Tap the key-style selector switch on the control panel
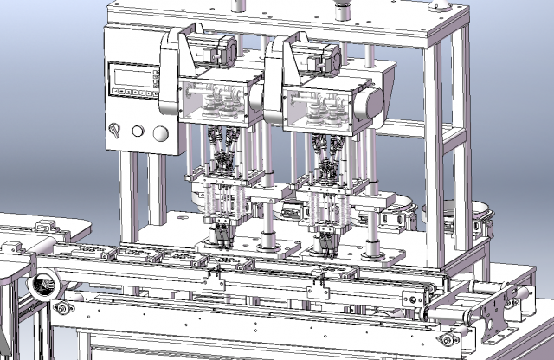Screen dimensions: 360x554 point(113,130)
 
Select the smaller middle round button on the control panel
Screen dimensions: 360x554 point(138,132)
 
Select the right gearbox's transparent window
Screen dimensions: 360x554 point(325,108)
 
